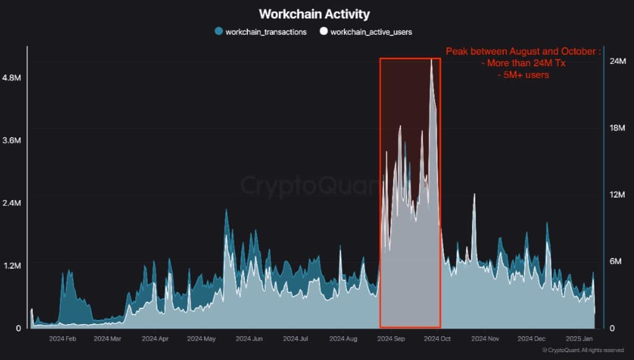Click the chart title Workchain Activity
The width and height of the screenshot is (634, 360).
pyautogui.click(x=314, y=13)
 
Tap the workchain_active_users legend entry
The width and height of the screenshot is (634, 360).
pyautogui.click(x=366, y=32)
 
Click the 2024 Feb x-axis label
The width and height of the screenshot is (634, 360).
pyautogui.click(x=63, y=338)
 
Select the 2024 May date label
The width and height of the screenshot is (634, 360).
pyautogui.click(x=201, y=338)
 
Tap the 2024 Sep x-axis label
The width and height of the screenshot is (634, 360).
pyautogui.click(x=391, y=338)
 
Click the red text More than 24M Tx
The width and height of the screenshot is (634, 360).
pyautogui.click(x=523, y=63)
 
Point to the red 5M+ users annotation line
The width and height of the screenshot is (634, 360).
pyautogui.click(x=523, y=75)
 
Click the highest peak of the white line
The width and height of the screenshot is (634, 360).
pyautogui.click(x=432, y=60)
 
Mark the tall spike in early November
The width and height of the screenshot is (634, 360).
pyautogui.click(x=474, y=195)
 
